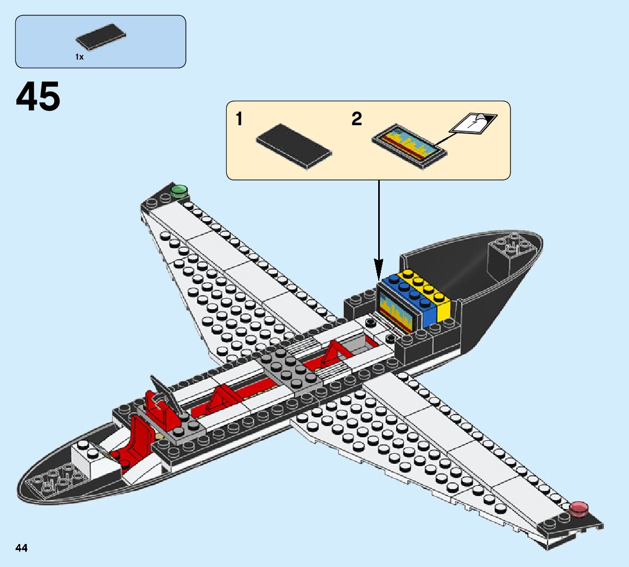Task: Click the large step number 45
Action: coord(38,97)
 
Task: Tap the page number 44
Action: coord(22,547)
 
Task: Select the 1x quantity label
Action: coord(80,57)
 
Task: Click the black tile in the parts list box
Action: coord(101,37)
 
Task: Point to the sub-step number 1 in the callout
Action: coord(239,119)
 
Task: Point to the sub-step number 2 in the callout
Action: coord(356,119)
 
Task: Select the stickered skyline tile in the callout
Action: coord(409,142)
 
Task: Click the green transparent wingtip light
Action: coord(179,191)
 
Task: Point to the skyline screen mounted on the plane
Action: coord(395,310)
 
